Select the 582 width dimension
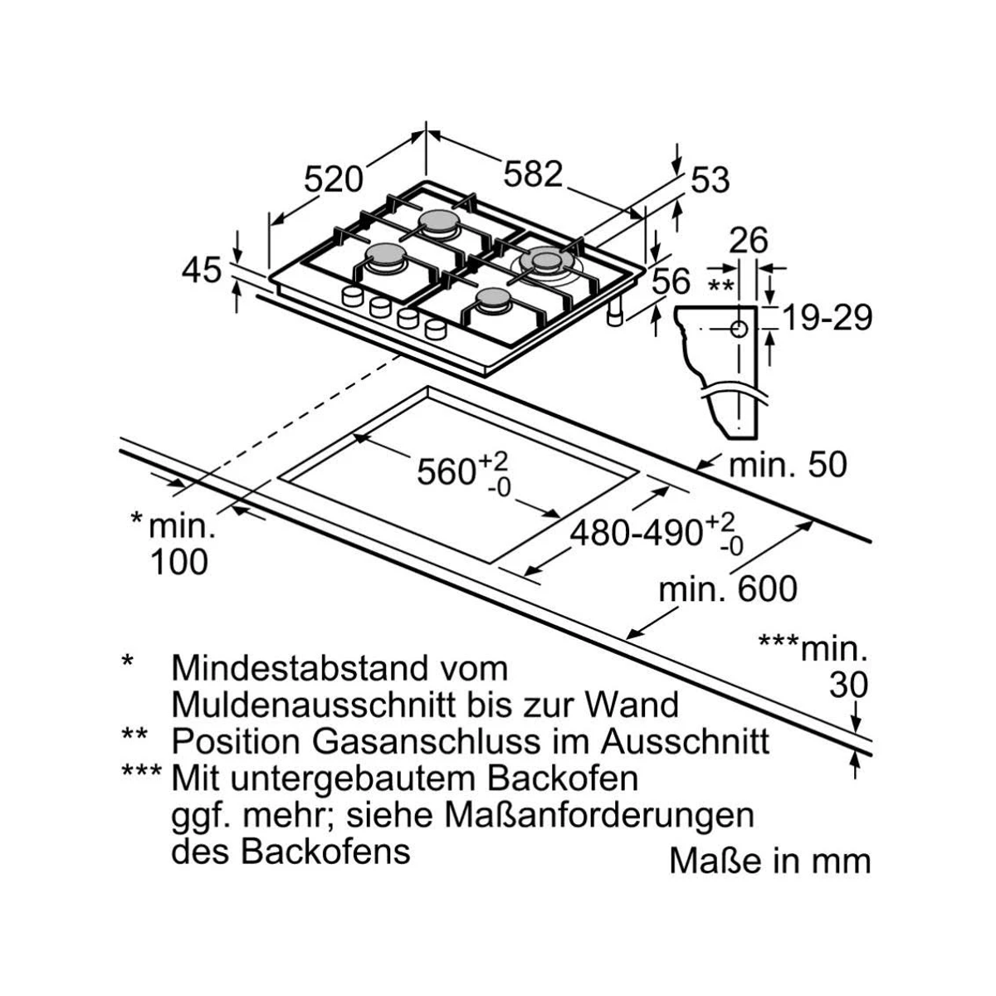tap(533, 173)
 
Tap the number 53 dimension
tap(710, 180)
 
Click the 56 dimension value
tap(671, 281)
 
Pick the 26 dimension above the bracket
tap(748, 241)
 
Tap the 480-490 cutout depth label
tap(637, 533)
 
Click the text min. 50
tap(788, 465)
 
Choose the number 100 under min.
tap(179, 562)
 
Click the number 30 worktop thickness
tap(849, 685)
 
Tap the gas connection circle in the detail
tap(740, 330)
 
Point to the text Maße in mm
tap(769, 861)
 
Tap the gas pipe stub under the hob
tap(615, 312)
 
